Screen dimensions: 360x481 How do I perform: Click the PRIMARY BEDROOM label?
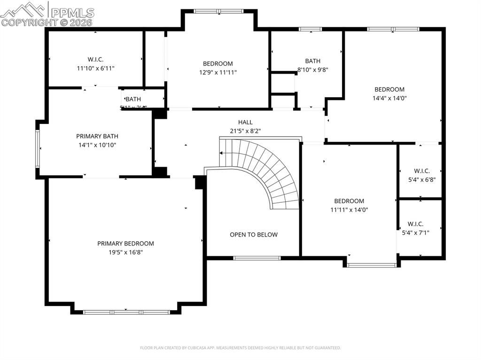125,244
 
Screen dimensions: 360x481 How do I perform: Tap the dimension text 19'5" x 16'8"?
125,252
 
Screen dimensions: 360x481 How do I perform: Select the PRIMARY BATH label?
96,136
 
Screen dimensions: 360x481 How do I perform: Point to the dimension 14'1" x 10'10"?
96,145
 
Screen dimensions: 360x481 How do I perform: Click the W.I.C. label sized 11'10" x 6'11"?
95,59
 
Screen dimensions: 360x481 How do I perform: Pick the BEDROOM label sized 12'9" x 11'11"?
217,64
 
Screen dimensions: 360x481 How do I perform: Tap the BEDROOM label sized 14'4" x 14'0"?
389,90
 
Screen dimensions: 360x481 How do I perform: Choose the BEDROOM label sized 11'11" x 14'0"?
349,201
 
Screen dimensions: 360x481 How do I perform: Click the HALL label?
245,123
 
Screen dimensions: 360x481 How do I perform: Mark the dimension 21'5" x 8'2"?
245,131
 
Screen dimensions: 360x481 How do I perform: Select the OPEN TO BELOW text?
254,235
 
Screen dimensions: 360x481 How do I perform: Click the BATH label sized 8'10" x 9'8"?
313,61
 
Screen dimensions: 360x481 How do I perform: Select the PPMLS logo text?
71,13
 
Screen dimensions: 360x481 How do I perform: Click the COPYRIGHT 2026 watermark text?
47,22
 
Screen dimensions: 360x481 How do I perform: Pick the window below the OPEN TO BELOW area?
257,258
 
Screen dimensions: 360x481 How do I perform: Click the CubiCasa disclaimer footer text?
240,348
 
